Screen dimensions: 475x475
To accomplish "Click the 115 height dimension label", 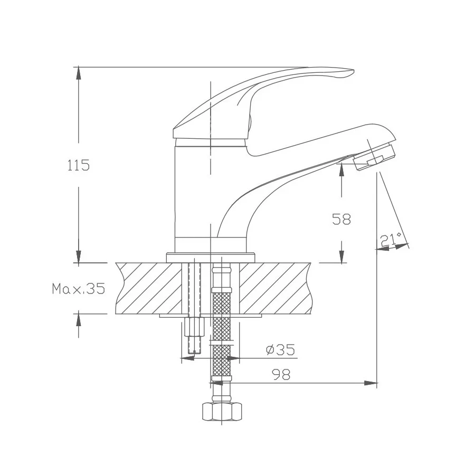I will click(x=78, y=165).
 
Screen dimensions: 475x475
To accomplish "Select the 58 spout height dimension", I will click(x=341, y=219).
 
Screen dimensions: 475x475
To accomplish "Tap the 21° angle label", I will click(x=391, y=240).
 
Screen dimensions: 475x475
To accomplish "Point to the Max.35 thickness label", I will click(x=78, y=289).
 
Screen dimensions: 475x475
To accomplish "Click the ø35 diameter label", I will click(x=280, y=349).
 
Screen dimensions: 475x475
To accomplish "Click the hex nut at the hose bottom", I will click(x=222, y=411).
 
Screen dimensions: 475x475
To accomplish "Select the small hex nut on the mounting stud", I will click(x=194, y=327).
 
